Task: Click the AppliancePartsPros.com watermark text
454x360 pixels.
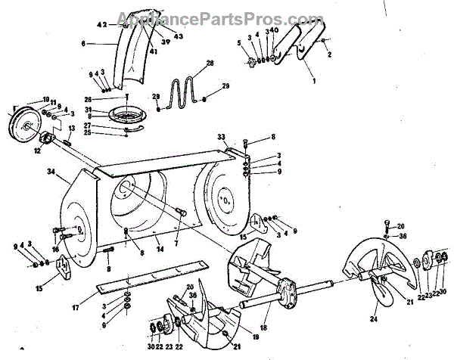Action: click(x=227, y=17)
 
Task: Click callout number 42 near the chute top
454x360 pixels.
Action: click(x=103, y=25)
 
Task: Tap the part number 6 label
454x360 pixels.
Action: click(x=82, y=44)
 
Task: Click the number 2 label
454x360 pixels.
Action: click(x=330, y=54)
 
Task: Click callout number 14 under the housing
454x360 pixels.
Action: click(x=157, y=247)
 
